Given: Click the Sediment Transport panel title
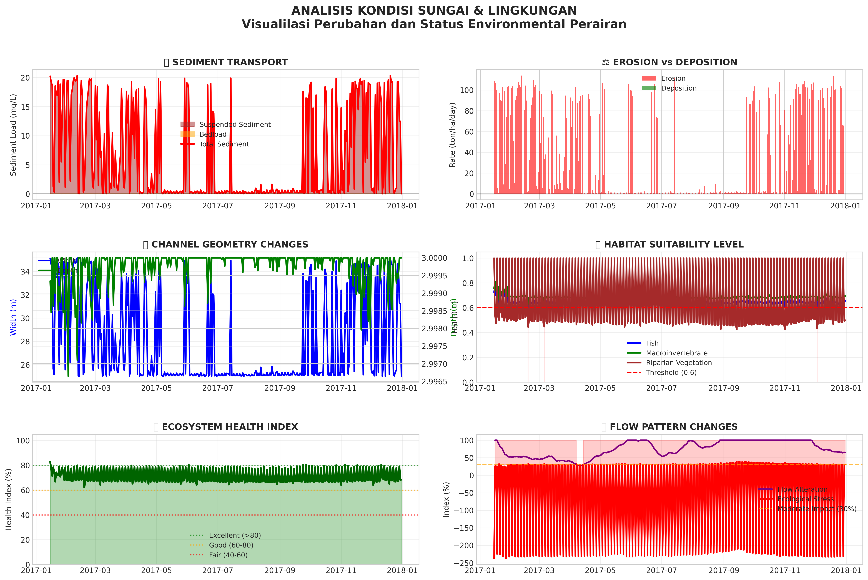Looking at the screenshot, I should pos(226,62).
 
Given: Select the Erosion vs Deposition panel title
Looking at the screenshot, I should pos(669,62).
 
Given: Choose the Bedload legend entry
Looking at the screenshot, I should pos(213,134).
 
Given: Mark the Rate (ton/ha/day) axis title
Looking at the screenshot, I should pos(452,135).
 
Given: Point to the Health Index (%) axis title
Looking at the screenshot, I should pos(9,499).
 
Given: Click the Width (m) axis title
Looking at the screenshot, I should pos(13,317).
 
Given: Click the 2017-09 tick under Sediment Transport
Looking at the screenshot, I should pos(280,206).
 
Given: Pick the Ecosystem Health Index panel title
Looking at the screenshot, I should pos(226,427).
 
